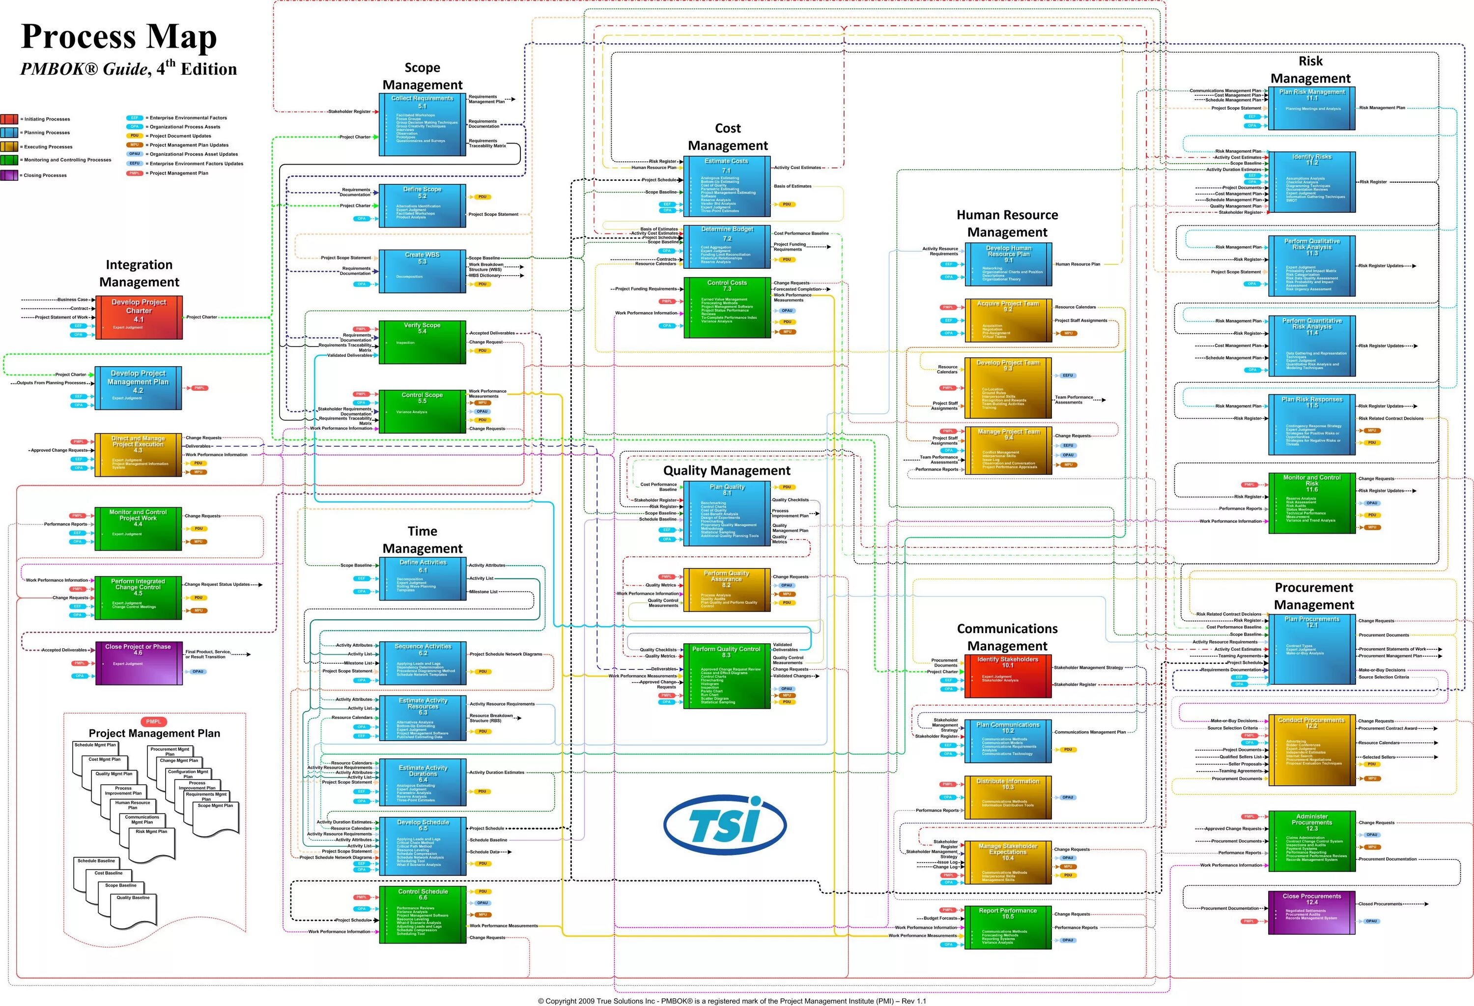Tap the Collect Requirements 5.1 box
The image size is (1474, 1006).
click(x=423, y=124)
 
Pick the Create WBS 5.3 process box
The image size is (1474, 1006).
click(x=423, y=271)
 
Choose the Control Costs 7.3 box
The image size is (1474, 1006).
click(x=727, y=308)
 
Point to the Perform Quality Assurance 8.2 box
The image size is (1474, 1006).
click(x=727, y=589)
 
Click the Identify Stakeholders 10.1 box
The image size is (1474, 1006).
click(x=1008, y=677)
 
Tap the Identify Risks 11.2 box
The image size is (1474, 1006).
click(x=1312, y=183)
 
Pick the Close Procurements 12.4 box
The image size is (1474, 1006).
click(x=1312, y=913)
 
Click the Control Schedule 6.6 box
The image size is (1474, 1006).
click(x=423, y=915)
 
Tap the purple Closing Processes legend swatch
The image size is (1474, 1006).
click(x=9, y=175)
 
